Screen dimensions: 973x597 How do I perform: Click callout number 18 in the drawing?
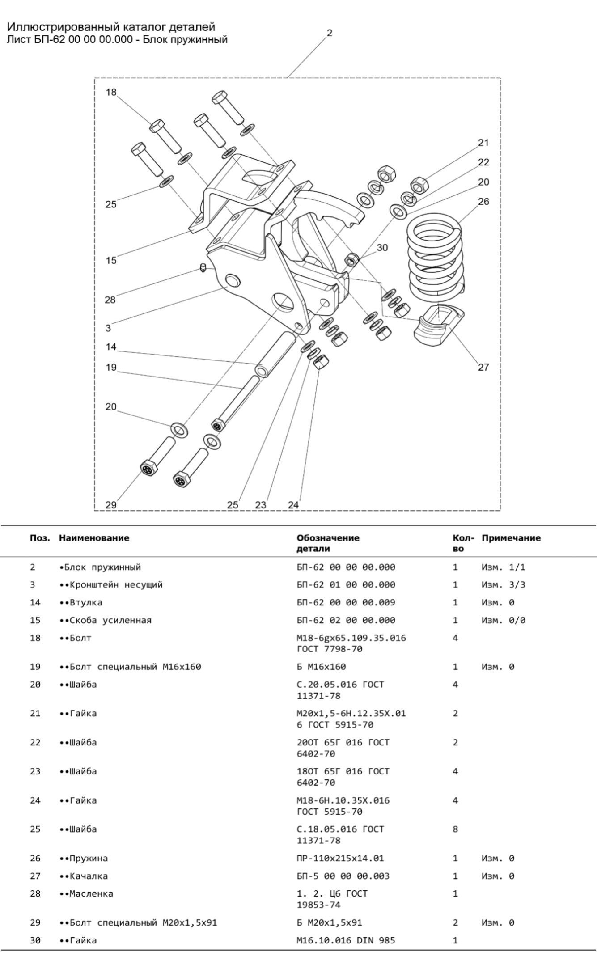[x=111, y=93]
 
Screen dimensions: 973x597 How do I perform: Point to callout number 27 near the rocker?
[x=483, y=368]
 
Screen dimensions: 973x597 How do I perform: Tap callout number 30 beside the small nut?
[x=382, y=248]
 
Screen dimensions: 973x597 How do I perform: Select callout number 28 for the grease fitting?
[x=110, y=300]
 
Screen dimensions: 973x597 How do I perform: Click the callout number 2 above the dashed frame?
[x=330, y=33]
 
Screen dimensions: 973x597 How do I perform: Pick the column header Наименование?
[x=94, y=538]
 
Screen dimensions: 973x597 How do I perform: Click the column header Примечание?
[x=511, y=538]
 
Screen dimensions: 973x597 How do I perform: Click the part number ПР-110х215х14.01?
[x=340, y=858]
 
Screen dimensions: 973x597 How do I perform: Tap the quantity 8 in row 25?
[x=455, y=829]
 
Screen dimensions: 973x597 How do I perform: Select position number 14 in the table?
[x=35, y=602]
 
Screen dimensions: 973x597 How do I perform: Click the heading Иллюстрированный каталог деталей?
[x=111, y=27]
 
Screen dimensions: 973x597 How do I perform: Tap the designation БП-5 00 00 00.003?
[x=343, y=876]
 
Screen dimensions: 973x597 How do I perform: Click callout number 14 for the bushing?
[x=111, y=347]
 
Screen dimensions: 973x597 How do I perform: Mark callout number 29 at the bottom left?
[x=111, y=505]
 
